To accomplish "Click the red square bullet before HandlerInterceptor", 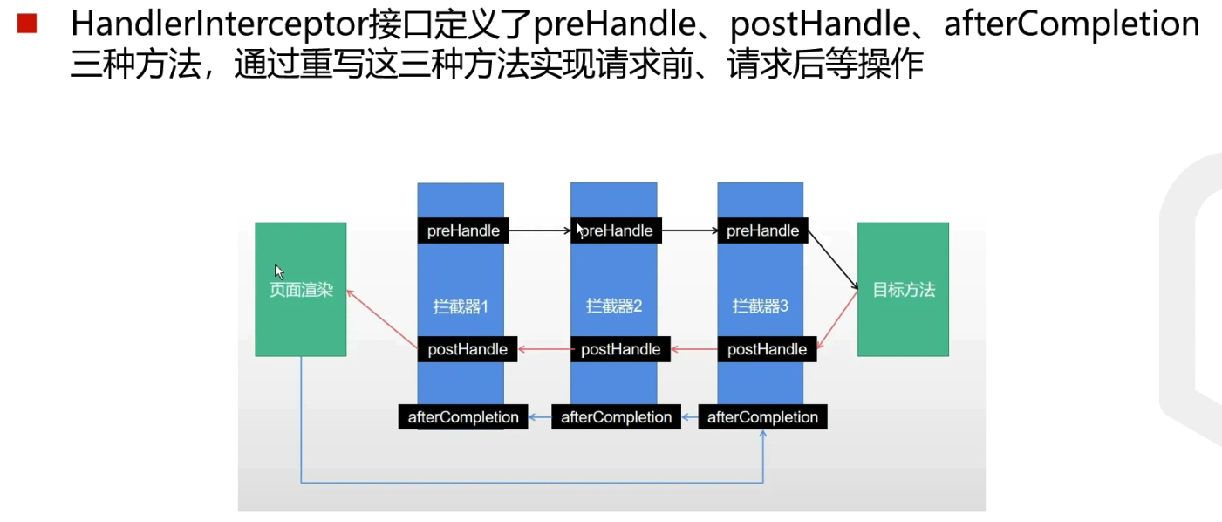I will tap(27, 24).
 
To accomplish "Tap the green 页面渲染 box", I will tap(300, 290).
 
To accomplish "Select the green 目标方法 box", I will tap(903, 290).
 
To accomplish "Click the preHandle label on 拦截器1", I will tap(463, 230).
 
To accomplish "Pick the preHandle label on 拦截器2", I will tap(617, 230).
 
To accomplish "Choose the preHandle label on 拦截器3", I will tap(762, 230).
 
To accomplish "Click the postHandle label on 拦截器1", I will tap(468, 349).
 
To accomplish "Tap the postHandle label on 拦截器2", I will tap(620, 349).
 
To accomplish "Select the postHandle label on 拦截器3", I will tap(767, 349).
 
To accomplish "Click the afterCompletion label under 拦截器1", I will tap(463, 417).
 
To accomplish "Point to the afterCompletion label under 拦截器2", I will tap(617, 417).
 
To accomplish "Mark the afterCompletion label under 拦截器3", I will tap(762, 417).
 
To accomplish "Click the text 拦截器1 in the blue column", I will tap(461, 306).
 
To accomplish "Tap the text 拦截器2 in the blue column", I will tap(614, 306).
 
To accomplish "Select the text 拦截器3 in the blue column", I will tap(761, 306).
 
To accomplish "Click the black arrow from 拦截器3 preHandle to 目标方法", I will tap(834, 260).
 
